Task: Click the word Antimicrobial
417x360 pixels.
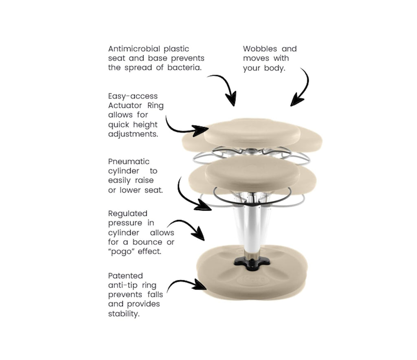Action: click(x=134, y=49)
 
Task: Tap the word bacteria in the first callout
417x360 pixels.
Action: click(x=184, y=68)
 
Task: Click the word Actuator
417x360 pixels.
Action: click(x=125, y=105)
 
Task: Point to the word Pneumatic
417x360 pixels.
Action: click(x=129, y=162)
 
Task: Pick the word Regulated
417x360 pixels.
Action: click(x=127, y=213)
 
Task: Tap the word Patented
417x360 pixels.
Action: click(x=125, y=276)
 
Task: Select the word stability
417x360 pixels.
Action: click(x=124, y=314)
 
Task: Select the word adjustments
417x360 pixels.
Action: click(x=133, y=134)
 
